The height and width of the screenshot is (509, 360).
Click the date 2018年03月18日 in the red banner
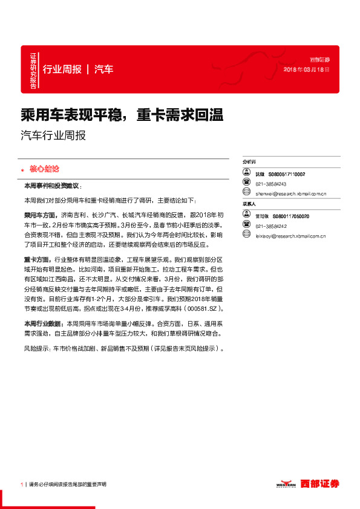pyautogui.click(x=307, y=70)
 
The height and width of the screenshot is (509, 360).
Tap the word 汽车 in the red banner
pyautogui.click(x=103, y=69)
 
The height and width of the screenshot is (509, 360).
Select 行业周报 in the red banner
pyautogui.click(x=62, y=69)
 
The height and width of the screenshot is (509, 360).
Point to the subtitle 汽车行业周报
pyautogui.click(x=53, y=135)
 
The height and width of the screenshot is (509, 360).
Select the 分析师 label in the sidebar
pyautogui.click(x=249, y=163)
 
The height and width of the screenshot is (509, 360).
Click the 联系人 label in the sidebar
pyautogui.click(x=249, y=204)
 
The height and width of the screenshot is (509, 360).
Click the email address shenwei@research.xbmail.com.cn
pyautogui.click(x=290, y=194)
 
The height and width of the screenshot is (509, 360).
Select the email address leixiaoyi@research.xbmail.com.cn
pyautogui.click(x=290, y=236)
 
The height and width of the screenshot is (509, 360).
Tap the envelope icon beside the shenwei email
pyautogui.click(x=246, y=193)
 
